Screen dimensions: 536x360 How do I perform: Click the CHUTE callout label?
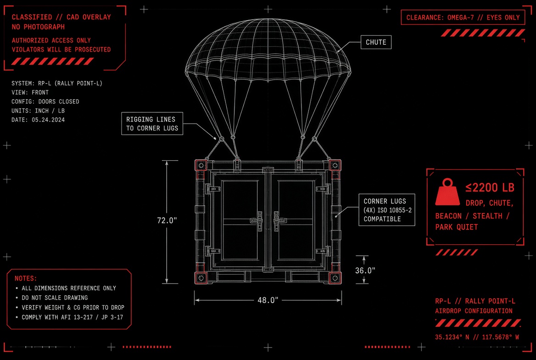tap(376, 42)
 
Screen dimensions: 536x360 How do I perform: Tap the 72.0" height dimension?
tap(167, 220)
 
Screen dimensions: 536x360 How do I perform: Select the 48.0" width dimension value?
tap(268, 300)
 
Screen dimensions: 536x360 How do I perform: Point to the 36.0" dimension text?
tap(365, 270)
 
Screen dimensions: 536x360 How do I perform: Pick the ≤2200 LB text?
tap(490, 187)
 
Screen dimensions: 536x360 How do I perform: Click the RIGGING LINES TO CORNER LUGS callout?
tap(152, 124)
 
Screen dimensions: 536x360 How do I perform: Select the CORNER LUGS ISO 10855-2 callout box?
tap(387, 210)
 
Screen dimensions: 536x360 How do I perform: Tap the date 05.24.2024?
tap(48, 120)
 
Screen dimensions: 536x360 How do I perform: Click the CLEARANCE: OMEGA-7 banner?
tap(463, 17)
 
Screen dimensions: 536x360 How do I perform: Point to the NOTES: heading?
tap(26, 279)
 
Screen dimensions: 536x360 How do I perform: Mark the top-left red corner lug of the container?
tap(201, 165)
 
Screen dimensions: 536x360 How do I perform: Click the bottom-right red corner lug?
tap(335, 278)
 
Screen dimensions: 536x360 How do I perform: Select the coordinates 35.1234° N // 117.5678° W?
tap(477, 337)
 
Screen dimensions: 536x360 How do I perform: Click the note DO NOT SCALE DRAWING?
tap(55, 298)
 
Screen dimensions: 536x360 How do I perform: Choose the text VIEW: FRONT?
tap(30, 92)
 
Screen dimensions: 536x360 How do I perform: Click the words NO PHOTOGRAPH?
tap(38, 27)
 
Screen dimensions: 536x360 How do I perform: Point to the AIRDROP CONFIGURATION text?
tap(474, 311)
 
